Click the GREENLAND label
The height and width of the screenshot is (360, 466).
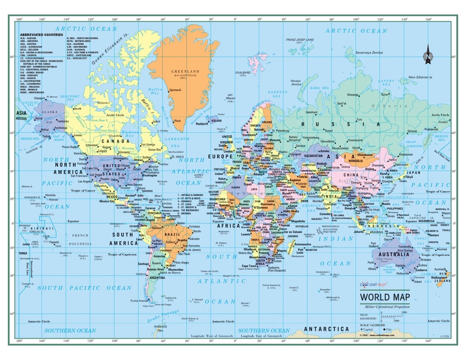click(x=185, y=71)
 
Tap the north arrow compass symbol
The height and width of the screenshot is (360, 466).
click(x=428, y=54)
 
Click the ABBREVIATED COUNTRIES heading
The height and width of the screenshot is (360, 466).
click(x=41, y=35)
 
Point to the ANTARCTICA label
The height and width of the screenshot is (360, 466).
click(x=326, y=329)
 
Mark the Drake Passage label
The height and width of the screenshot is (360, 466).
click(x=163, y=316)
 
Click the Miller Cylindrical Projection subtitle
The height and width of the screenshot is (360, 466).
click(x=384, y=307)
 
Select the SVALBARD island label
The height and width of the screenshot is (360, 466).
click(x=243, y=73)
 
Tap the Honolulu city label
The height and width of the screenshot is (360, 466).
click(x=50, y=195)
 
